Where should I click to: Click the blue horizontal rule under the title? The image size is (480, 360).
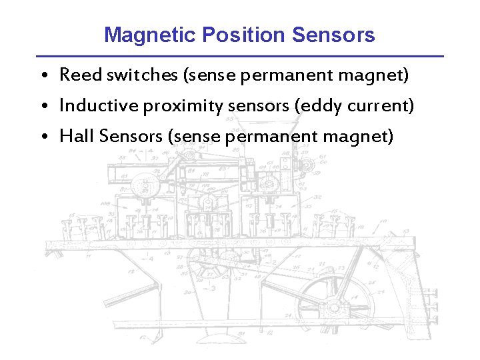240,56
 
